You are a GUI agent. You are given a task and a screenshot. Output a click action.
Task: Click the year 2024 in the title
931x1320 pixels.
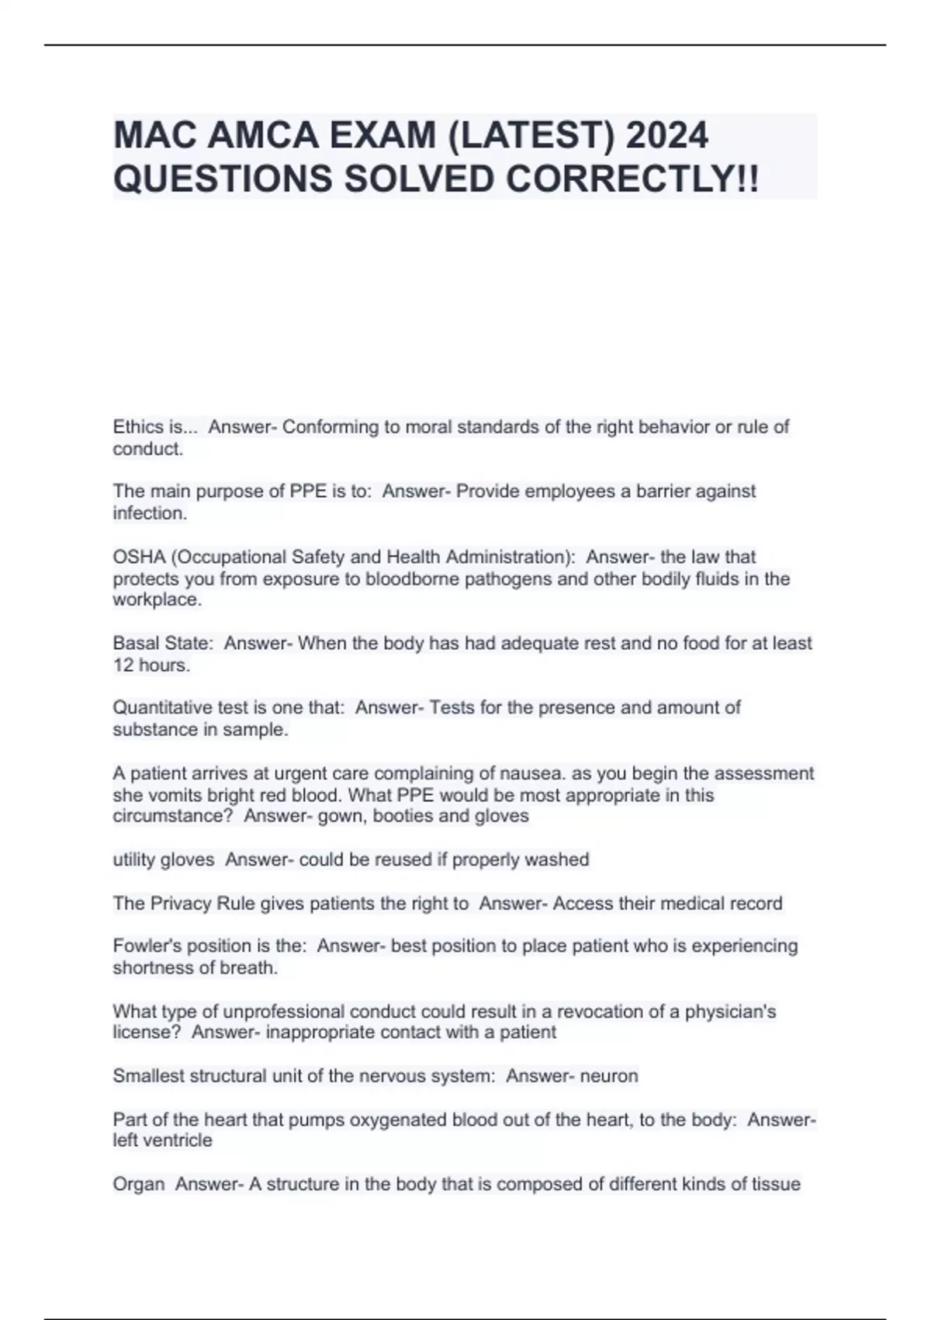coord(666,136)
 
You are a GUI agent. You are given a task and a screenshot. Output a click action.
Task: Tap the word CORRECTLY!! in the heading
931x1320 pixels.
coord(632,179)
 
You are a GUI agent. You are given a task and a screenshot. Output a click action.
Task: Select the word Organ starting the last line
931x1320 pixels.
coord(139,1185)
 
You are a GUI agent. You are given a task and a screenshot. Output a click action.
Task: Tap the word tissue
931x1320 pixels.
coord(774,1185)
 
